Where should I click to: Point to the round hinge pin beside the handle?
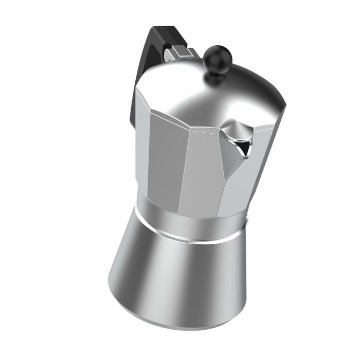[x=169, y=52]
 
